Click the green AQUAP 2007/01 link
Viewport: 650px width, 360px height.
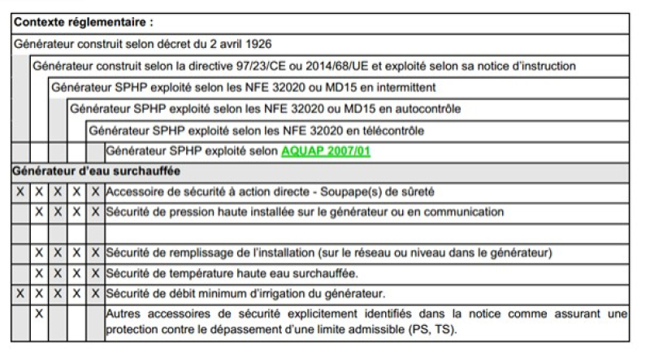[326, 150]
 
